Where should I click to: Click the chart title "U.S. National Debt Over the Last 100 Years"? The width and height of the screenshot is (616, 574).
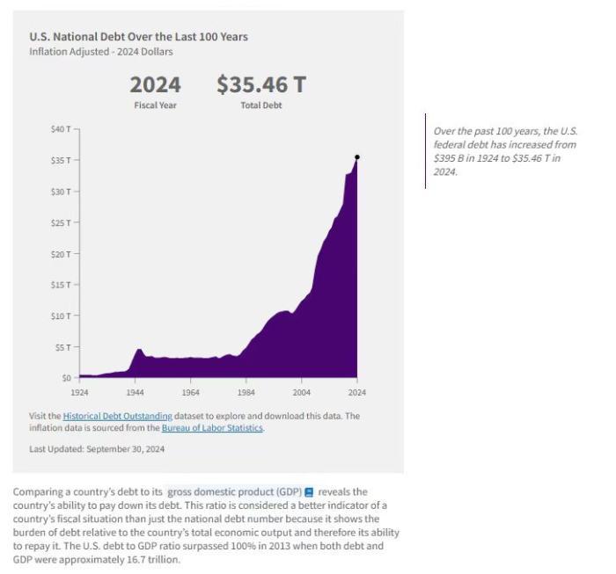coord(138,37)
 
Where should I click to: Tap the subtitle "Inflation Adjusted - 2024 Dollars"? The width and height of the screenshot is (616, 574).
coord(101,52)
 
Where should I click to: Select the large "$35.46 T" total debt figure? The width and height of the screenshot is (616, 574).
coord(261,85)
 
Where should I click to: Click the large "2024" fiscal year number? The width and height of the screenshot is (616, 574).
coord(155,85)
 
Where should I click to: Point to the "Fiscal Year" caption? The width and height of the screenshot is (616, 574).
coord(155,105)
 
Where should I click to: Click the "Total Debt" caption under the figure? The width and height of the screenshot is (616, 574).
coord(261,105)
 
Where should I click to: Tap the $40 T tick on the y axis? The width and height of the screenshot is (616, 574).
coord(61,129)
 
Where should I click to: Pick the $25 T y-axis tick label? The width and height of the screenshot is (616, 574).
coord(61,222)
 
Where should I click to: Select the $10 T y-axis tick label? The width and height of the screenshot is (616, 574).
coord(61,316)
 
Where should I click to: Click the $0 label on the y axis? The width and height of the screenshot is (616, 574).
coord(66,378)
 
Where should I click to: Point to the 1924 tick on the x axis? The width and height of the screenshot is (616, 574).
coord(79,391)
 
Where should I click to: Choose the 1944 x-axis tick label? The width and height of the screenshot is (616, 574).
coord(135,391)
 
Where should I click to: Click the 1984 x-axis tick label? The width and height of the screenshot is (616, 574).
coord(246,391)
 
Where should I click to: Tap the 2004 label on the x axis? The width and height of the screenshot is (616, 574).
coord(301,391)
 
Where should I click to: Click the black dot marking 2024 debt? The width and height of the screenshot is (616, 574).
coord(356,156)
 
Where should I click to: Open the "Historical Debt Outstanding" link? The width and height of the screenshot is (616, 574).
coord(117,416)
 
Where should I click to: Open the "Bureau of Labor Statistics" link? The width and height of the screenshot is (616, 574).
coord(212,428)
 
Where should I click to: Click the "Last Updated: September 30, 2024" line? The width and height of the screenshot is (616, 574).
coord(97,449)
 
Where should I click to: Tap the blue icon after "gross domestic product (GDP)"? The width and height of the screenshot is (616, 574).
coord(309,492)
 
